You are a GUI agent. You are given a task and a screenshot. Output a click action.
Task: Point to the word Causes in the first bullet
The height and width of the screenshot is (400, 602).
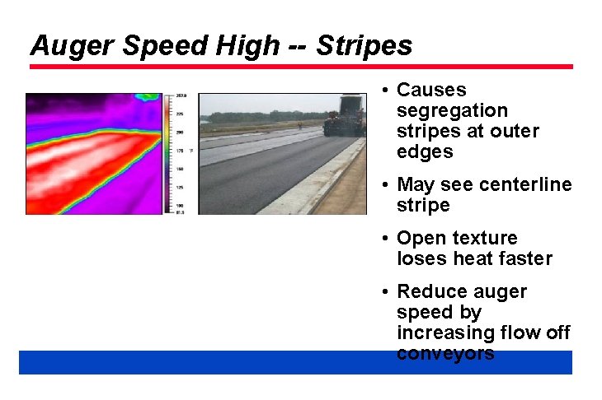(x=431, y=90)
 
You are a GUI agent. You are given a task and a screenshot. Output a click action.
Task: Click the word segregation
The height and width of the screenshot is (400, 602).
(x=452, y=110)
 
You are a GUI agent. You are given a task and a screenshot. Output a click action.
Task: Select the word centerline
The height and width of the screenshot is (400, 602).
(x=524, y=184)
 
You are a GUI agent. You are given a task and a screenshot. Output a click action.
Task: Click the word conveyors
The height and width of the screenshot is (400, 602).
(x=445, y=353)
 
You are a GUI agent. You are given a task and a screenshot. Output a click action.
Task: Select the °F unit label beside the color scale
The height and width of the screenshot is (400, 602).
(x=190, y=151)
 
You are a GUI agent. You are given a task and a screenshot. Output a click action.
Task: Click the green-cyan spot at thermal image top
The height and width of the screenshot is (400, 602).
(x=148, y=97)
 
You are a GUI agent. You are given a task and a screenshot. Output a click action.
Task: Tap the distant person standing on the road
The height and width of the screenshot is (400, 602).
(x=299, y=126)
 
